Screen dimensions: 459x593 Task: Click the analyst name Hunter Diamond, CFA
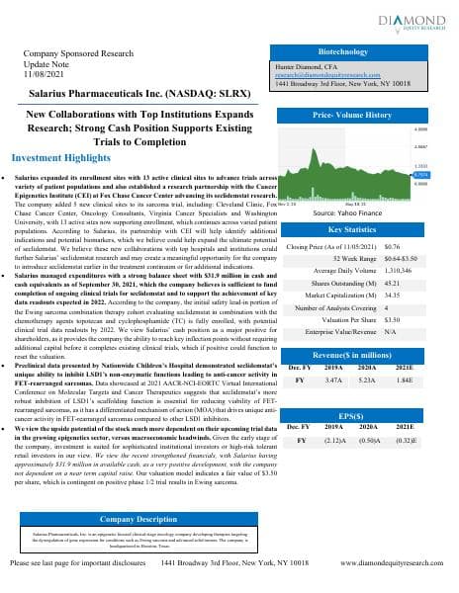[x=306, y=62]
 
